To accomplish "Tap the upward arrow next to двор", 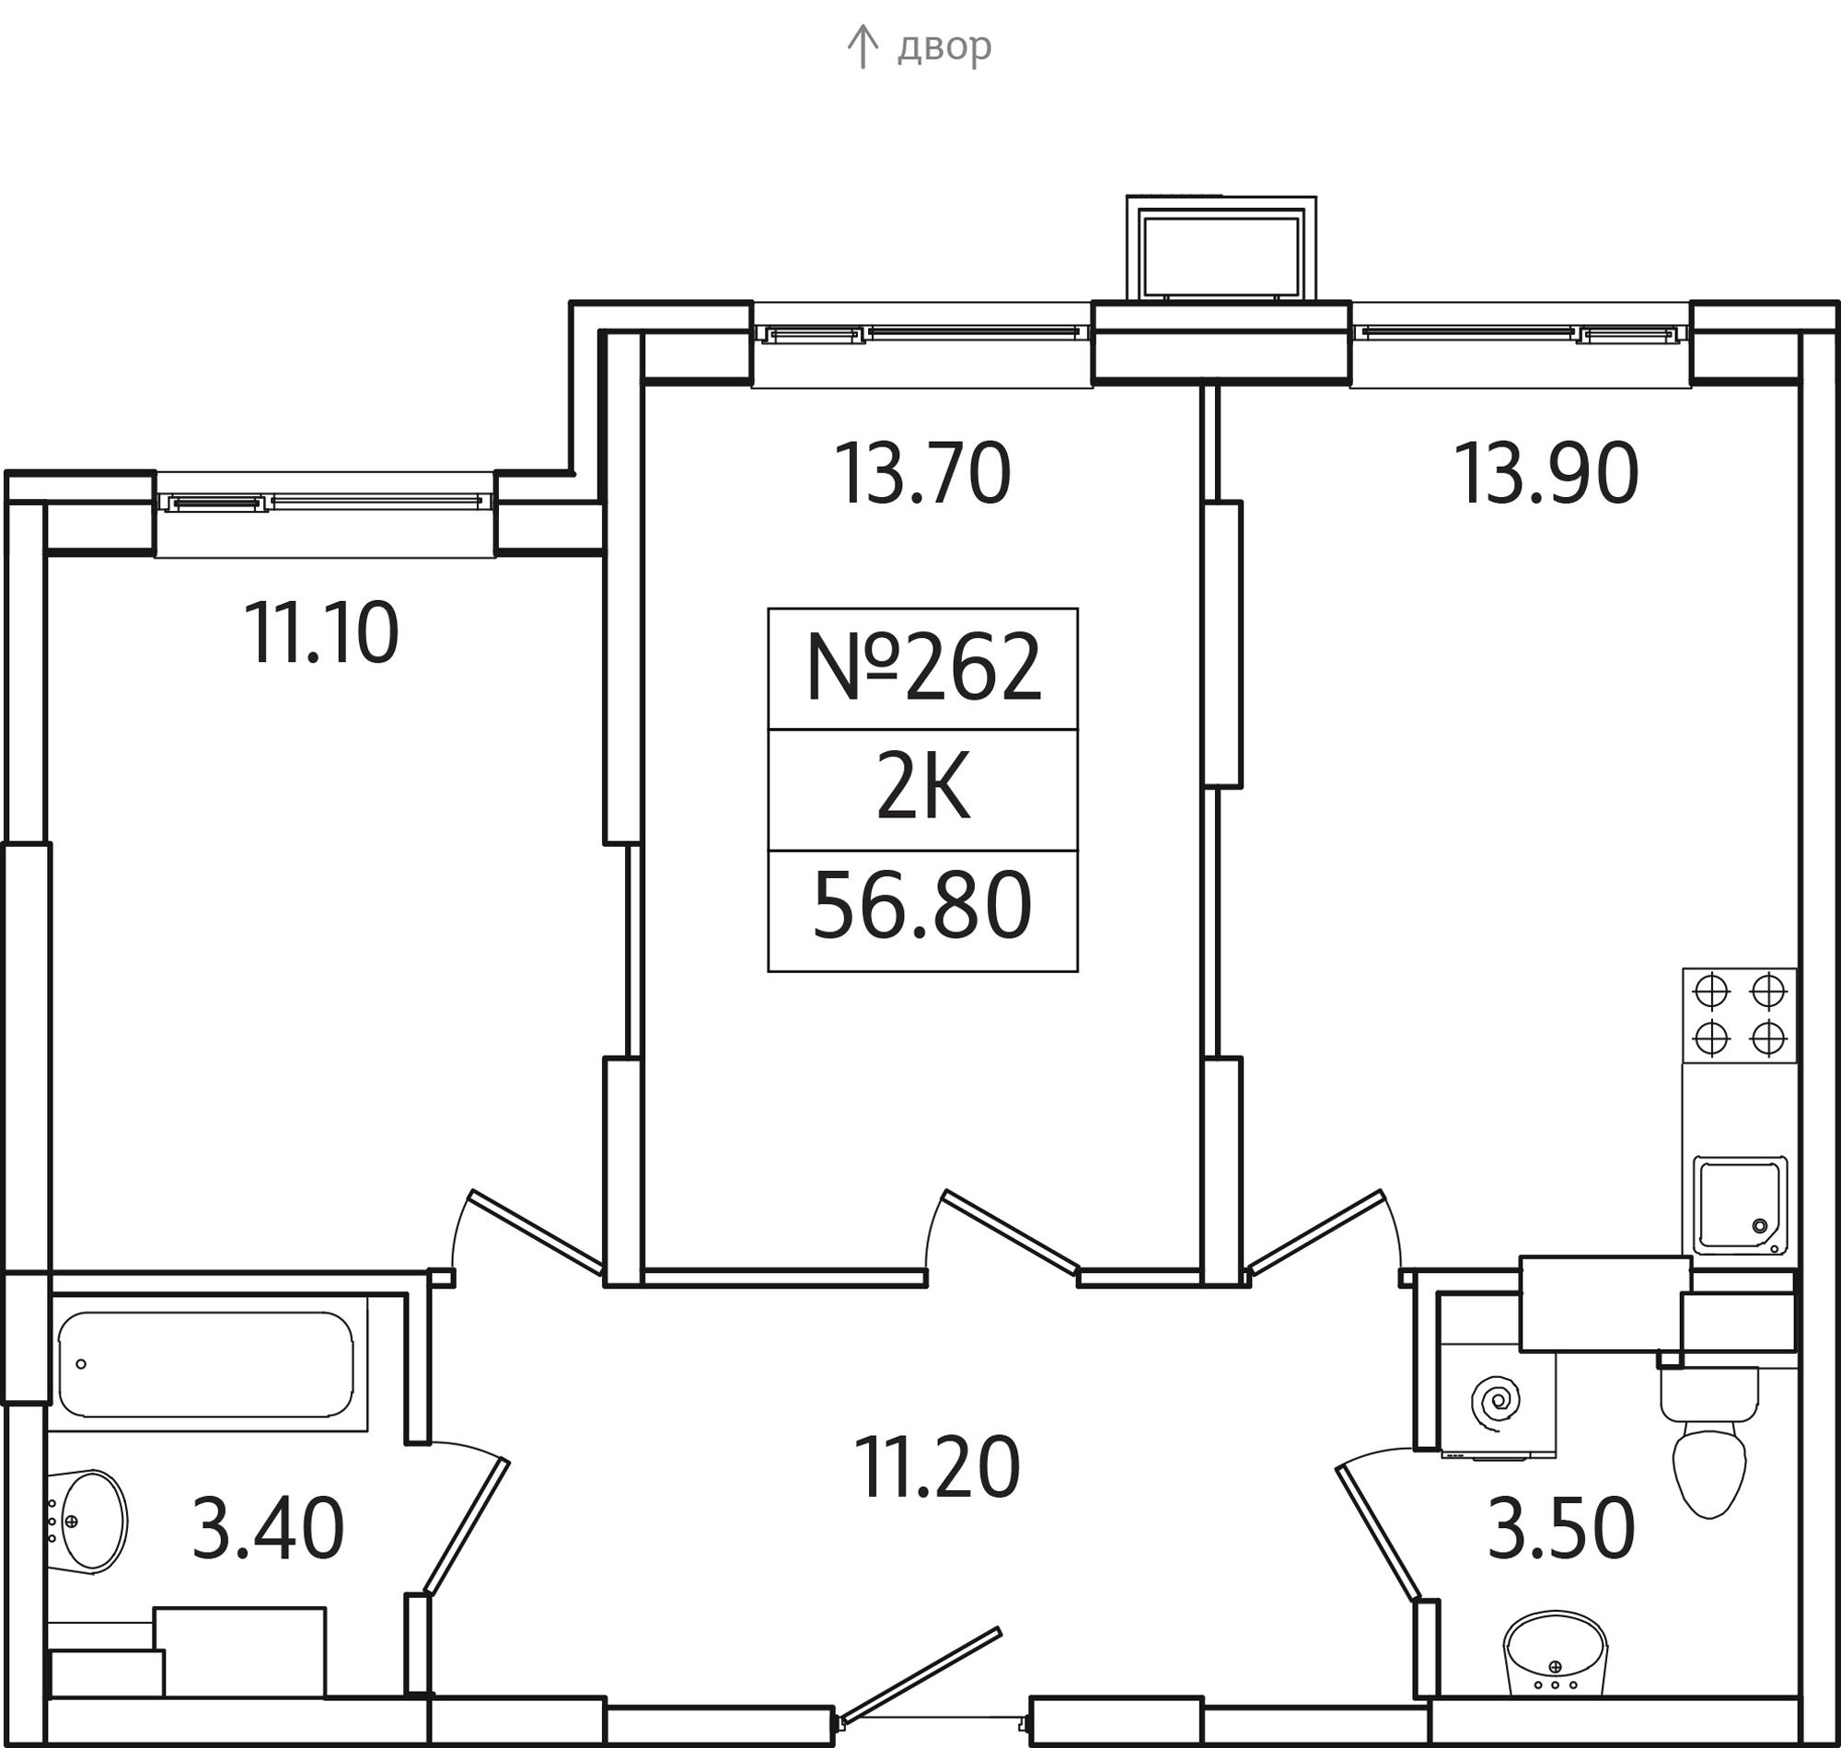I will coord(863,47).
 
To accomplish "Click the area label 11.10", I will coord(321,633).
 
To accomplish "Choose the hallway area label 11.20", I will coord(936,1467).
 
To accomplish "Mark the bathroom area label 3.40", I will coord(268,1528).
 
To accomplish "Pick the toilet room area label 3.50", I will coord(1560,1528).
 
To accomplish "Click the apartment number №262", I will coord(922,668).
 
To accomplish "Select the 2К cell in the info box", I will coord(922,789).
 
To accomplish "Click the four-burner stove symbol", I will coord(1739,1014).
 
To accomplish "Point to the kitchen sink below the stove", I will coord(1739,1205).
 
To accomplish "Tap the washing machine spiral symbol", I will coord(1495,1400).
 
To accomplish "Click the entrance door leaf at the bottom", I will coord(920,1673).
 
